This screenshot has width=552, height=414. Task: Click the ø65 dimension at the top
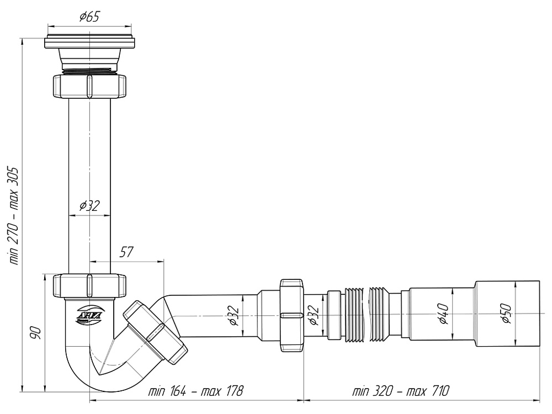tap(89, 17)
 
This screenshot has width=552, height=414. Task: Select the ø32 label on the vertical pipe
tap(89, 205)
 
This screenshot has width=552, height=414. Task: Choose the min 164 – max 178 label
tap(195, 391)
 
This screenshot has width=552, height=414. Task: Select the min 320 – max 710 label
tap(401, 391)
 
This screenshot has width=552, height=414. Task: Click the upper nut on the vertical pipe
tap(89, 86)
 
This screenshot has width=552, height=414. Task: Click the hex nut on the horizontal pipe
tap(291, 315)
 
